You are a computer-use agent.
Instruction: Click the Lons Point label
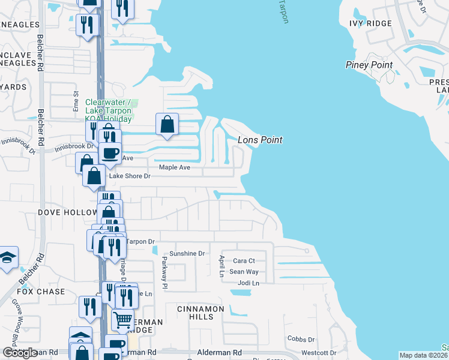tap(260, 140)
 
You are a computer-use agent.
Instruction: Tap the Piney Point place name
tap(369, 65)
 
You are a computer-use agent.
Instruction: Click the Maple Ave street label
tap(174, 167)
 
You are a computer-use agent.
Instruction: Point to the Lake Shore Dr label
tap(129, 176)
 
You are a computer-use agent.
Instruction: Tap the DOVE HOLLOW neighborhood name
tap(67, 212)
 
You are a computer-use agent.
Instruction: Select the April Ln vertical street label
tap(221, 265)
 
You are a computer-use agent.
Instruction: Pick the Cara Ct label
tap(244, 261)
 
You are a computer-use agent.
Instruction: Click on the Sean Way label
tap(244, 272)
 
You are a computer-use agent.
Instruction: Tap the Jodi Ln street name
tap(248, 283)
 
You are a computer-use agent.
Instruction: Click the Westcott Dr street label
tap(319, 352)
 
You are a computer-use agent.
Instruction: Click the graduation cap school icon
tap(7, 258)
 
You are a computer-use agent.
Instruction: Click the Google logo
tap(20, 353)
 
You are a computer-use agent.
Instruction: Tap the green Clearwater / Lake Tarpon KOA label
tap(110, 110)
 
